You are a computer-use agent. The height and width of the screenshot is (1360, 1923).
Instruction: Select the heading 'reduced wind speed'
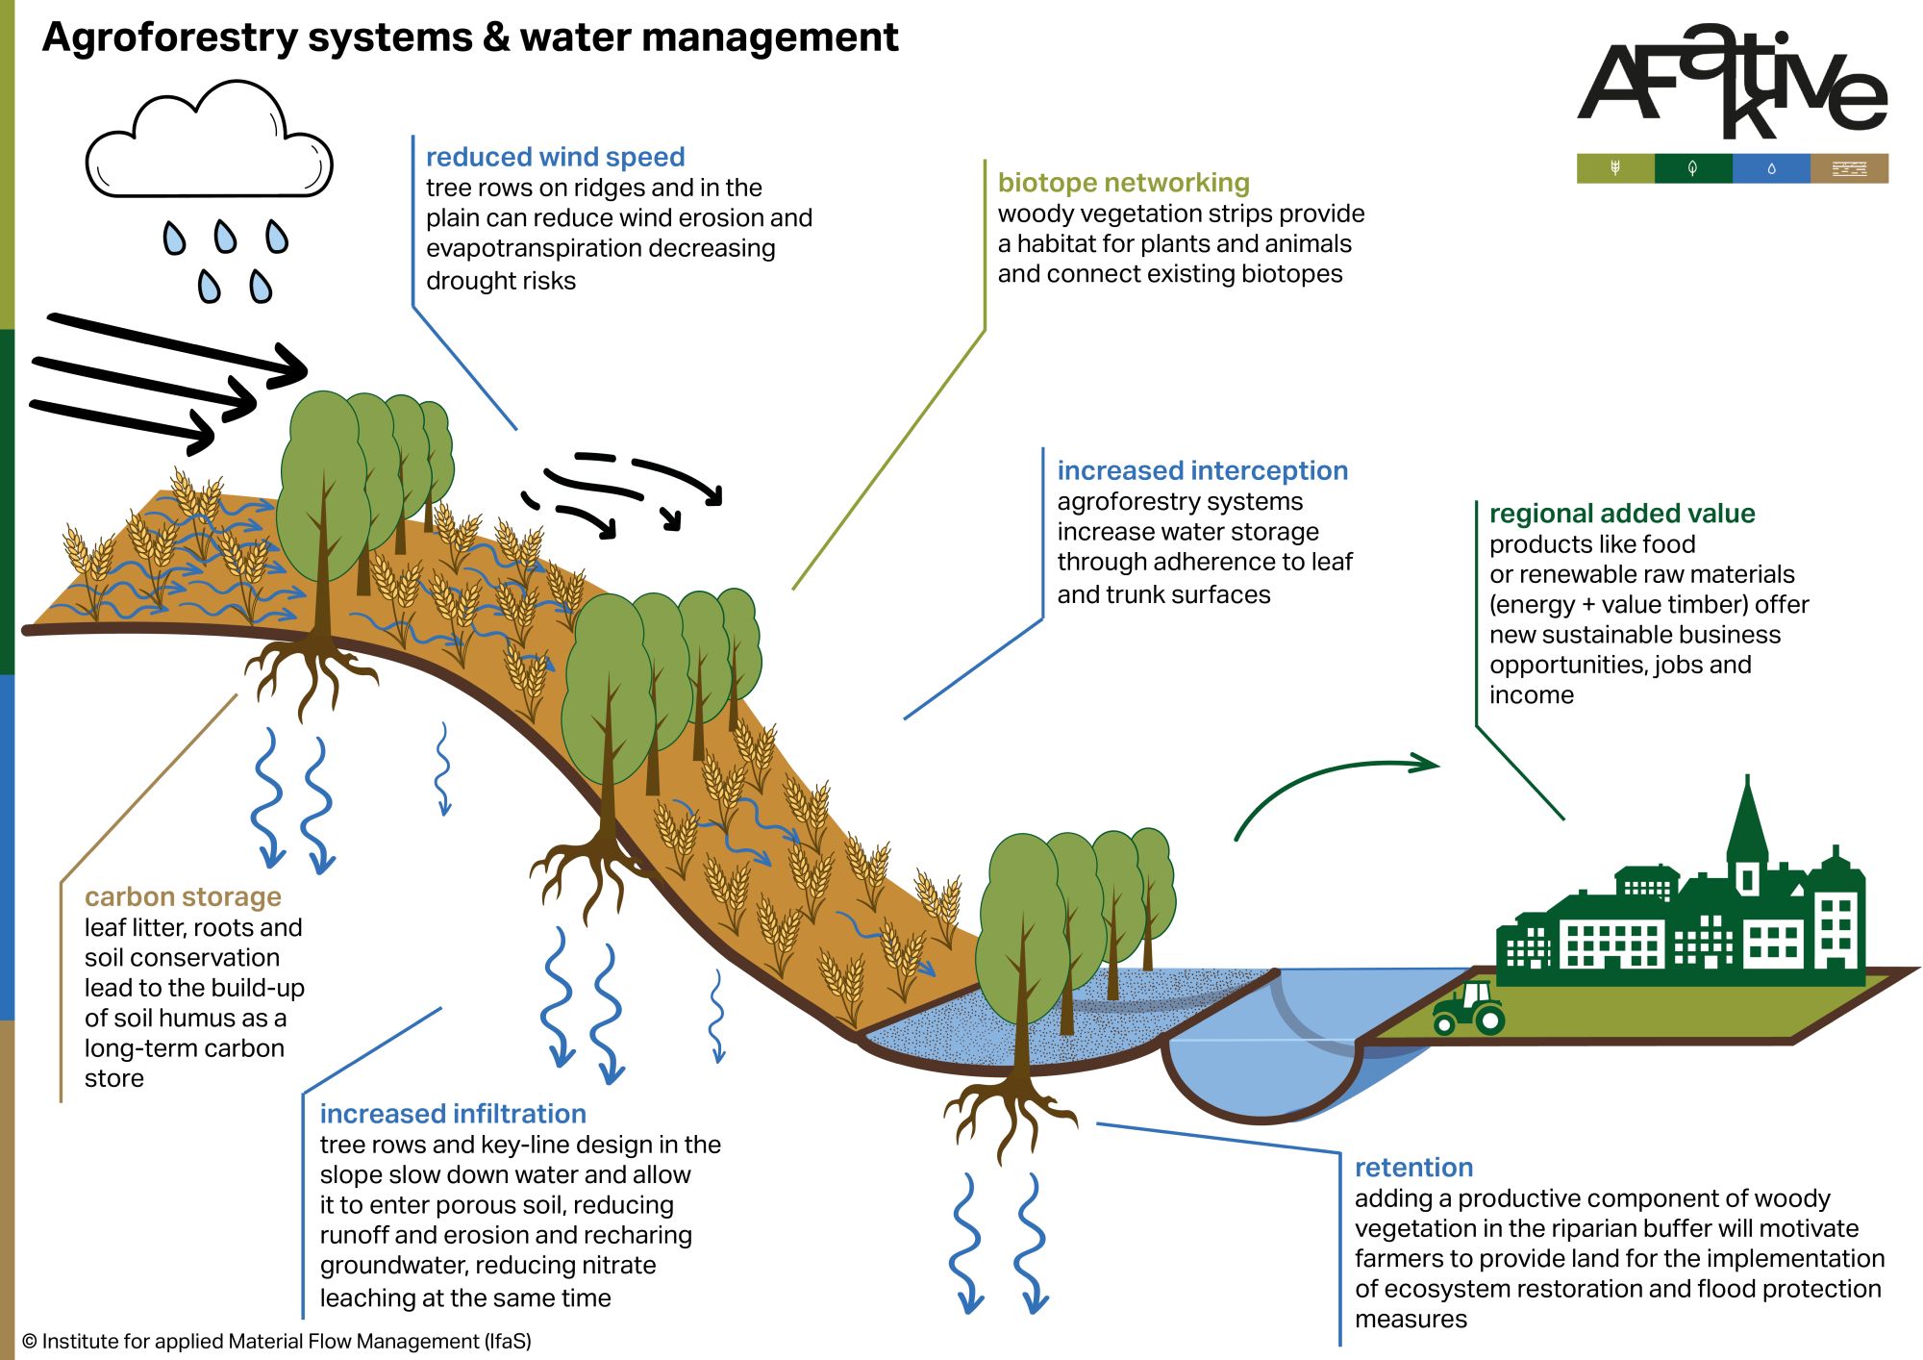pyautogui.click(x=555, y=157)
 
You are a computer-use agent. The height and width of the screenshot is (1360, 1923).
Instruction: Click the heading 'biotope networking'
pyautogui.click(x=1123, y=183)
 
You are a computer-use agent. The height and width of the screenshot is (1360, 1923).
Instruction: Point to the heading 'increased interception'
pyautogui.click(x=1202, y=470)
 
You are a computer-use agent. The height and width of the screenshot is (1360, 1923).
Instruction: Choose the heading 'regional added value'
pyautogui.click(x=1621, y=514)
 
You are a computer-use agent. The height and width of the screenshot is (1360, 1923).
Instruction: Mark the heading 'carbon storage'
pyautogui.click(x=183, y=896)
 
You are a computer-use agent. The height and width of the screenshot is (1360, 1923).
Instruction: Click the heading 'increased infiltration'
pyautogui.click(x=453, y=1114)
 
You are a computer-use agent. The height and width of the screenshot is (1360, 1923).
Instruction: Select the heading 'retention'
pyautogui.click(x=1413, y=1168)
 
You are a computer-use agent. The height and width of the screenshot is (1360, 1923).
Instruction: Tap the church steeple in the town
pyautogui.click(x=1747, y=827)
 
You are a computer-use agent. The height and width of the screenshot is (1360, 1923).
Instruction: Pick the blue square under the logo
pyautogui.click(x=1771, y=168)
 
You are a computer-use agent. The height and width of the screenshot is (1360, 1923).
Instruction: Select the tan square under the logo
pyautogui.click(x=1849, y=168)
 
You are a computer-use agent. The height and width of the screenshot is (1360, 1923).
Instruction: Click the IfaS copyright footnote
pyautogui.click(x=277, y=1342)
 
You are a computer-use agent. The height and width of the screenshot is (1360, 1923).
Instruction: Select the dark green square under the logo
pyautogui.click(x=1693, y=168)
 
